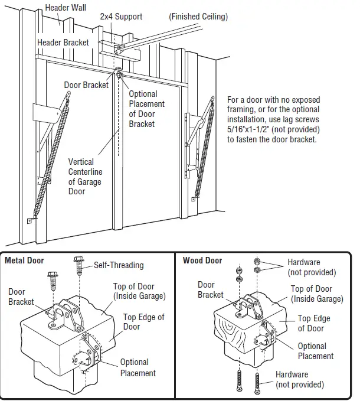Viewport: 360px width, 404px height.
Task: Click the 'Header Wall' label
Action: pyautogui.click(x=66, y=8)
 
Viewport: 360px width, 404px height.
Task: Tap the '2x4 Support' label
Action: pyautogui.click(x=121, y=17)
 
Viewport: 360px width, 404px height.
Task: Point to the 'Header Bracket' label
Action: pyautogui.click(x=63, y=43)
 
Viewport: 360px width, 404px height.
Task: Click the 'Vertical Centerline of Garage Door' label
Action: pyautogui.click(x=85, y=177)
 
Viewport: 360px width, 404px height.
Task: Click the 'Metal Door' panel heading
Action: pyautogui.click(x=24, y=260)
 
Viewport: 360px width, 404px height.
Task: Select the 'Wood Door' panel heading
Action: pyautogui.click(x=202, y=260)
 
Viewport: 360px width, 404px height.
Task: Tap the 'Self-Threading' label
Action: pyautogui.click(x=119, y=265)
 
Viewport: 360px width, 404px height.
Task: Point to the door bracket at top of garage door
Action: pyautogui.click(x=119, y=75)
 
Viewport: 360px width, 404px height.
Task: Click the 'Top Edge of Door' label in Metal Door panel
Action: pyautogui.click(x=143, y=322)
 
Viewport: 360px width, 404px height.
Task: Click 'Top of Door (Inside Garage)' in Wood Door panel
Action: pyautogui.click(x=316, y=294)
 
